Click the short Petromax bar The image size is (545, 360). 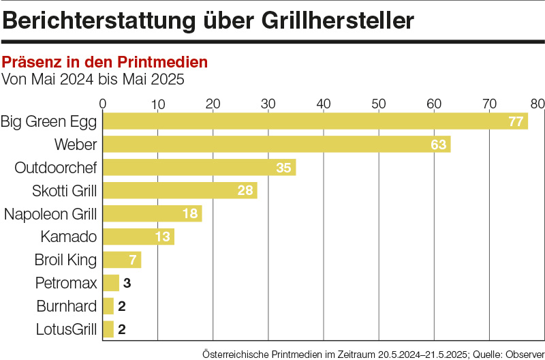[x=111, y=282]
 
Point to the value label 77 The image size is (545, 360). [x=516, y=121]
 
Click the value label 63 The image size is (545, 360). [x=438, y=145]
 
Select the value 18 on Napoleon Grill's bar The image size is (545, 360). [x=190, y=213]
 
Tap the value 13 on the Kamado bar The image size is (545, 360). [x=163, y=237]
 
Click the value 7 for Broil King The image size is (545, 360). [x=134, y=260]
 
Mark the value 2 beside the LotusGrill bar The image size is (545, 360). [x=123, y=329]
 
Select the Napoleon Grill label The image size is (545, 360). [x=50, y=213]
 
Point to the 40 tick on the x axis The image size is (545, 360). [x=324, y=104]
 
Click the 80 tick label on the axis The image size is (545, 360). [x=538, y=104]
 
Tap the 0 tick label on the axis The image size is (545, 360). [x=103, y=104]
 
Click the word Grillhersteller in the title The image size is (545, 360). [x=337, y=21]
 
